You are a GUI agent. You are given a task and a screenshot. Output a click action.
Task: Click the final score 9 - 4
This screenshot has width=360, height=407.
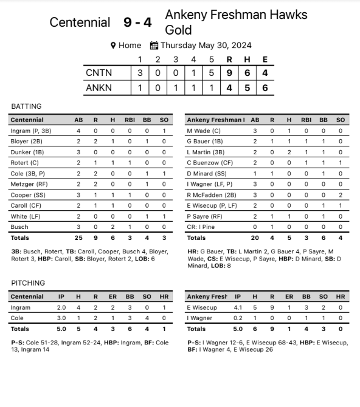[138, 22]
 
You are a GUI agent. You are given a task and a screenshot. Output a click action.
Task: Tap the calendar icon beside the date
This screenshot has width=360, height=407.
[154, 46]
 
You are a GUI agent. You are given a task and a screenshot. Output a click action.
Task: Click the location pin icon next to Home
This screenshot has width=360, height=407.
[113, 46]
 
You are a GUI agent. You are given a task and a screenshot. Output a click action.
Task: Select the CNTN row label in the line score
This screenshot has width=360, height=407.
[99, 73]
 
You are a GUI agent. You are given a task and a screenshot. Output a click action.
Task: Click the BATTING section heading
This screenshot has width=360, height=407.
[27, 106]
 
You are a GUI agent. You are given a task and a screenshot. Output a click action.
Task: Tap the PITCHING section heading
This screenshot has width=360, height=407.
[28, 283]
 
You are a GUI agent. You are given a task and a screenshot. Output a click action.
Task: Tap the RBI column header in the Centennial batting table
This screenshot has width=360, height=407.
[130, 120]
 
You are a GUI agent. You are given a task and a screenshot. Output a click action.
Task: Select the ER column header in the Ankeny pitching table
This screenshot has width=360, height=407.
[289, 297]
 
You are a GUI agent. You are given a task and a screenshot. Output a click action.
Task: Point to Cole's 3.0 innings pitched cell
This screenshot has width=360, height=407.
[61, 318]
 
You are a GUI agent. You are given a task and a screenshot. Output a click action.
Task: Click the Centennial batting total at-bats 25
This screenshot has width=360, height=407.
[78, 238]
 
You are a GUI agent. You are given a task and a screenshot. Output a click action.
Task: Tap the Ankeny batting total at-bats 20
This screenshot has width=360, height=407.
[255, 238]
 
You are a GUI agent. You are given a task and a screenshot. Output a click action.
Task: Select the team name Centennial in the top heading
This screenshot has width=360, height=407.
[80, 22]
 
